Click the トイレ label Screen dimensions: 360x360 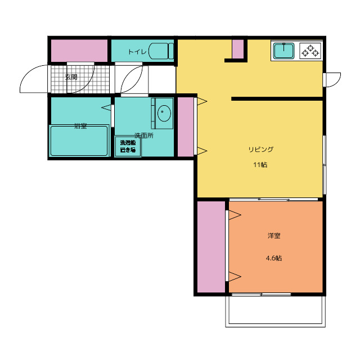click(137, 52)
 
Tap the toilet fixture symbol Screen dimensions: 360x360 click(161, 51)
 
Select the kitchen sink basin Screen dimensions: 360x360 click(283, 51)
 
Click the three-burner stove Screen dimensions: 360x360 click(310, 51)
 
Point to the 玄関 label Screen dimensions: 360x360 click(71, 77)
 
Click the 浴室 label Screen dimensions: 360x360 click(80, 126)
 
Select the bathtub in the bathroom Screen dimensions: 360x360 click(79, 141)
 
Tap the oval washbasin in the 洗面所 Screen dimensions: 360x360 click(164, 113)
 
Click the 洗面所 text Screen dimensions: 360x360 click(144, 136)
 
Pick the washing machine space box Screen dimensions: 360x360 click(128, 146)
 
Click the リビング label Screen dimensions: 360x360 click(261, 150)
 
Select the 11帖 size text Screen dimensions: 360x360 click(260, 165)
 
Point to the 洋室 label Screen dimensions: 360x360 click(274, 236)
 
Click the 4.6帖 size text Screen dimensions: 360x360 click(274, 258)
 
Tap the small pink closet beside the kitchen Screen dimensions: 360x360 click(238, 49)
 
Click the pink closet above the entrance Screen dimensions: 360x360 click(79, 51)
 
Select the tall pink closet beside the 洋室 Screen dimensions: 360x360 click(211, 247)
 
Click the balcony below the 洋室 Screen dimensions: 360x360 click(276, 311)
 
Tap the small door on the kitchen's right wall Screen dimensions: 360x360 click(332, 80)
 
